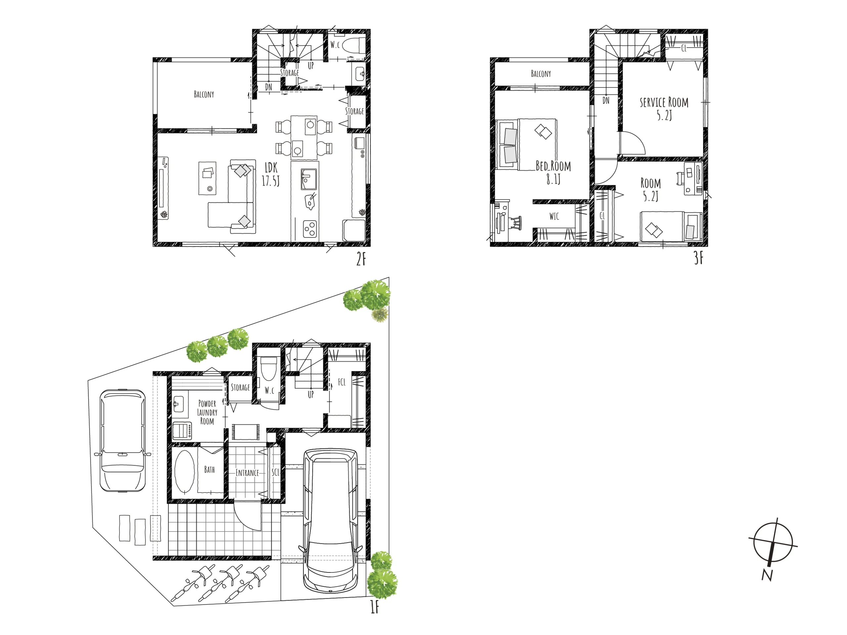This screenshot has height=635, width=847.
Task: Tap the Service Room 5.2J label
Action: coord(664,109)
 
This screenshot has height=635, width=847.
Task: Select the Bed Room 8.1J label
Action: coord(553,172)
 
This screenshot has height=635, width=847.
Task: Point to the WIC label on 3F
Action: coord(554,216)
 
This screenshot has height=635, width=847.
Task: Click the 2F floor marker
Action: coord(361,259)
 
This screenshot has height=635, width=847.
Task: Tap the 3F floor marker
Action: coord(699,258)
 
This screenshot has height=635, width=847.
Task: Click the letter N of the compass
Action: coord(767,575)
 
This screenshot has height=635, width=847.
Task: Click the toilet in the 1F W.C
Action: coord(268,368)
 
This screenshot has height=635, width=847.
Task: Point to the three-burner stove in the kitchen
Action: coord(310,229)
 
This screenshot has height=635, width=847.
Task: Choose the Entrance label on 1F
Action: coord(247,473)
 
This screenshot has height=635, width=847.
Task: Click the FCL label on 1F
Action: coord(341,382)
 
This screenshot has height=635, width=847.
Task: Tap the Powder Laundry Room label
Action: coord(207,412)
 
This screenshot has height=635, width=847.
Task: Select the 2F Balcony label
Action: coord(204,94)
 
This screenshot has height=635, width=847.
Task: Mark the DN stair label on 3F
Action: coord(606,101)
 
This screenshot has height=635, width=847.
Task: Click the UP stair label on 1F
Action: coord(311,394)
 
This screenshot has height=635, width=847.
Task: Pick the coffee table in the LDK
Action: coord(207,178)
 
